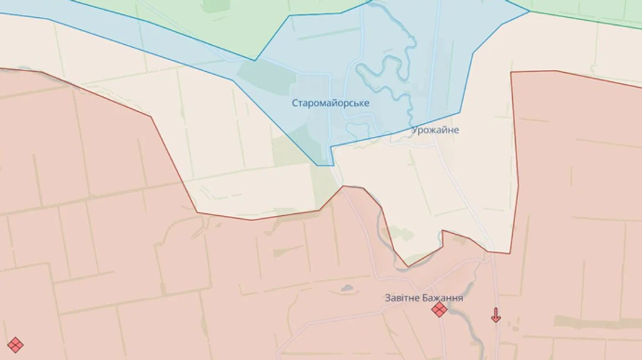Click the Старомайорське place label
point(330,103)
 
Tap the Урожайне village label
point(435,130)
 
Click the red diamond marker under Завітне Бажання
point(439,309)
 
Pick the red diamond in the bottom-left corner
point(15,345)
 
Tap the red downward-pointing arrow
point(496,315)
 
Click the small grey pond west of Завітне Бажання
point(347,289)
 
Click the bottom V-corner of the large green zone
point(256,59)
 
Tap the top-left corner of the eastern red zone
point(512,72)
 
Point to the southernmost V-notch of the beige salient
point(408,267)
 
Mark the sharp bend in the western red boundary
point(151,116)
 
